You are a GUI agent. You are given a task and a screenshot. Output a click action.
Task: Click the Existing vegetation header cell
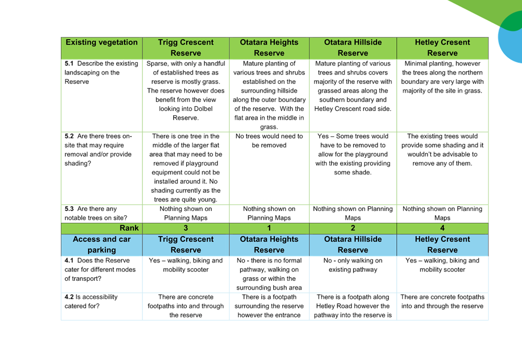point(102,43)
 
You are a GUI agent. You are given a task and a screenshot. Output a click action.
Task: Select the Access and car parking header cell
point(102,244)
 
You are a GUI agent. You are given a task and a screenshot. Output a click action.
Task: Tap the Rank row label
point(102,228)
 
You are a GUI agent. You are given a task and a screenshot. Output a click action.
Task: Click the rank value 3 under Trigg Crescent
point(186,228)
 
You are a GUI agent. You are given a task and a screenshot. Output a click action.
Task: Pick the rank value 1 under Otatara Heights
point(269,228)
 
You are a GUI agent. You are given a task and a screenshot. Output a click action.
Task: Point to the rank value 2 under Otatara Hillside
point(353,228)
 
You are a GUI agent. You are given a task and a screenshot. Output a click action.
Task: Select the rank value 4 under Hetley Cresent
point(442,228)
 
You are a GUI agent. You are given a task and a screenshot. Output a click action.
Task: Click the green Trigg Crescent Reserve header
point(186,47)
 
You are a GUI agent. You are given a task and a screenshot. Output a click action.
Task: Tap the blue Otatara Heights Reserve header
point(269,244)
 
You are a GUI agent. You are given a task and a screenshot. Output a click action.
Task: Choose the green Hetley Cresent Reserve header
point(442,47)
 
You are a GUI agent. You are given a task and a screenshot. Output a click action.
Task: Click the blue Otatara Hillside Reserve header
point(353,244)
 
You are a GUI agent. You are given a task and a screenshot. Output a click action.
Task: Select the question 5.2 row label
point(100,150)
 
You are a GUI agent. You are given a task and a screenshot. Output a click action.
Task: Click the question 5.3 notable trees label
point(96,213)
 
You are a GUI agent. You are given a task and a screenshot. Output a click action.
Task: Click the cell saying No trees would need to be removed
point(269,141)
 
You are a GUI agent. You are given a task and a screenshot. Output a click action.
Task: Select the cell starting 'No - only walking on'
point(353,265)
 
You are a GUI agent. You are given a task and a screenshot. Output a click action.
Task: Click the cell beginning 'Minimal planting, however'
point(442,77)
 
